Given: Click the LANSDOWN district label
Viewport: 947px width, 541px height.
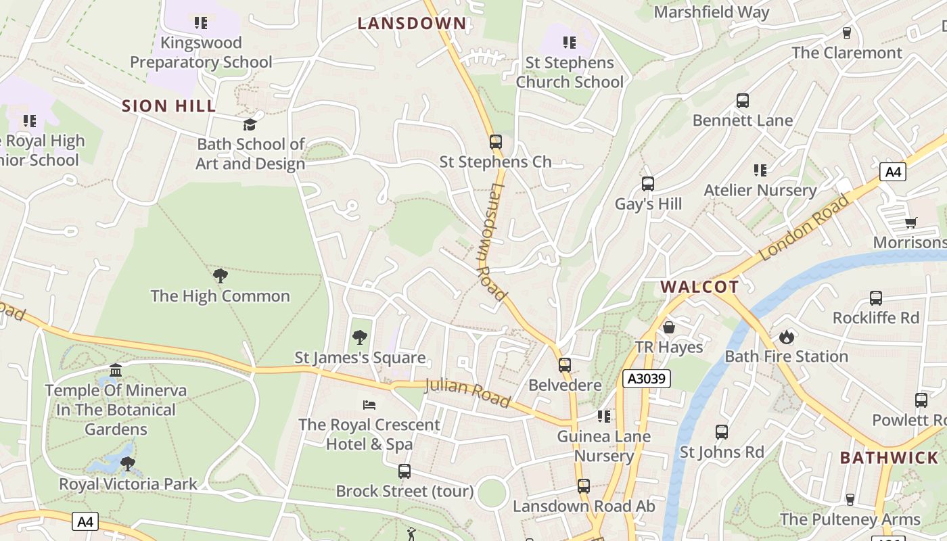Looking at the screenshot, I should (x=412, y=24).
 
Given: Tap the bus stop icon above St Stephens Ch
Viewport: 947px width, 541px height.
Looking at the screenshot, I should (x=496, y=142).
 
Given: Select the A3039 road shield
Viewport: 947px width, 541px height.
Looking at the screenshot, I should (x=647, y=379).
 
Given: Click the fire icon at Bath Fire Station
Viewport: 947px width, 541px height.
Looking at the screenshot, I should (x=786, y=336).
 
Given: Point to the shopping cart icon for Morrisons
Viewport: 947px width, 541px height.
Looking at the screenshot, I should (x=910, y=222).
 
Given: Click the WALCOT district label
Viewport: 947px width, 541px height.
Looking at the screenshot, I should (x=699, y=287).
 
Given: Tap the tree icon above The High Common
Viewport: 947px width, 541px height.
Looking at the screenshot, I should (x=220, y=275).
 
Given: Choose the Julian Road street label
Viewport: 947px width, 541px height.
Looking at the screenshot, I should (x=467, y=394).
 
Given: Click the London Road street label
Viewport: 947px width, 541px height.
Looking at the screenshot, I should (x=804, y=228).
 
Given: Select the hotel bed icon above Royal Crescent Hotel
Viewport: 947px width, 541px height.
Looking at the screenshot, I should (x=369, y=404).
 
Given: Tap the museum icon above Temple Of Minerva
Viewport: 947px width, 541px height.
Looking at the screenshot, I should (x=116, y=370).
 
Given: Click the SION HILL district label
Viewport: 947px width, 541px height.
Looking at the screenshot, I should (x=169, y=106).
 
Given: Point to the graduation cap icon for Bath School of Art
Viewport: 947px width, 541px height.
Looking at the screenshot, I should (x=250, y=124).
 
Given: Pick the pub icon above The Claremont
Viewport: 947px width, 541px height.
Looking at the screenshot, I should (x=846, y=32).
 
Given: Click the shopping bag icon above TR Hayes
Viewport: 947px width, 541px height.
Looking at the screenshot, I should (x=669, y=327).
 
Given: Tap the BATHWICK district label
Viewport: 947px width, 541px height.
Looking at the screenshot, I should (x=889, y=458).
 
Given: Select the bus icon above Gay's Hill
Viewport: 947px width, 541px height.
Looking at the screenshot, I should (x=648, y=183).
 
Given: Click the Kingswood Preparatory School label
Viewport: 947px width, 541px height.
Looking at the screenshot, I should (x=201, y=52).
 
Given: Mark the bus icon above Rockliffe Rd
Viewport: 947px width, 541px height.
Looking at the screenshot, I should (x=875, y=298).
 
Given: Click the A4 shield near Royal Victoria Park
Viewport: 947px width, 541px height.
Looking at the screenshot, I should (x=85, y=521).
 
